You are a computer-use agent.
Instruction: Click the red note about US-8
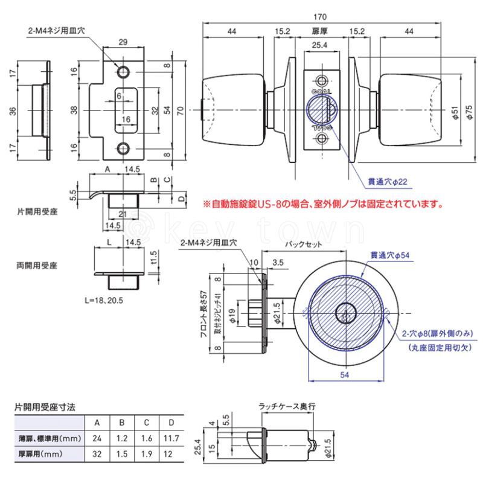pos(323,205)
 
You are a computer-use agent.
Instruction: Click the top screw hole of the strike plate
pos(124,72)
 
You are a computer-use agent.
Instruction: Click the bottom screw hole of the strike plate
pos(124,149)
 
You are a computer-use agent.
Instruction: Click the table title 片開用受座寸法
pos(45,408)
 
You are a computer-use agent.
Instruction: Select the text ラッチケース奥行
pos(286,408)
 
